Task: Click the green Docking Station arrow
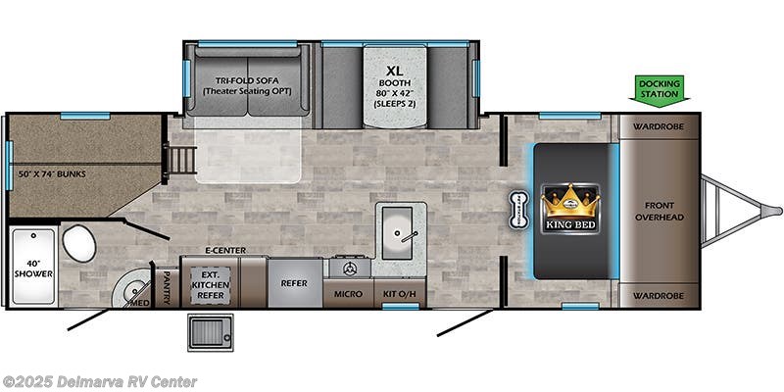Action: coord(659,89)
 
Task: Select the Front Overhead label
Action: coord(658,211)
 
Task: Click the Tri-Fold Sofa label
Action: coord(248,85)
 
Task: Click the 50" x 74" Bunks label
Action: coord(52,174)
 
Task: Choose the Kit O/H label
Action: coord(400,294)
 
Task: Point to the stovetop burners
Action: coord(348,267)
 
